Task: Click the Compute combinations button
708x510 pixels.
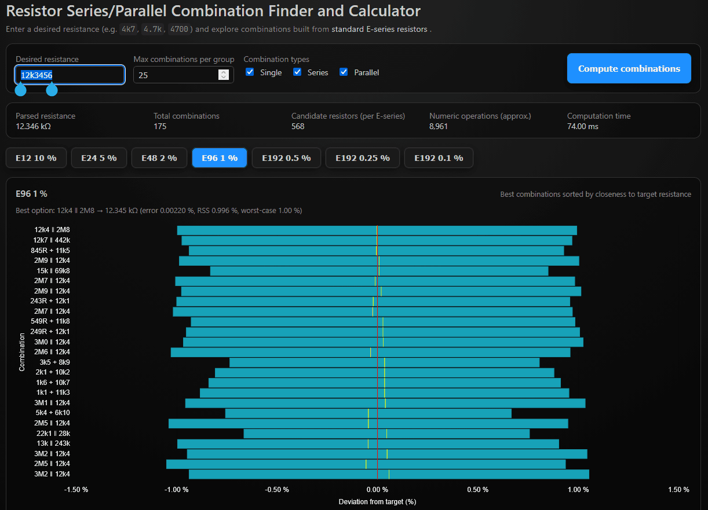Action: pos(629,68)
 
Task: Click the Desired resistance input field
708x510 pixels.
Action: pos(70,75)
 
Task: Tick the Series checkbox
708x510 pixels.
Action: pos(297,72)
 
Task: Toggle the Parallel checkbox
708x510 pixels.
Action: pos(344,72)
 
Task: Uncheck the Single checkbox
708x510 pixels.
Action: pos(250,72)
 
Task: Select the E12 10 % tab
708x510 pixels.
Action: pos(36,158)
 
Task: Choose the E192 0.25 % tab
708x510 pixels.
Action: pos(362,158)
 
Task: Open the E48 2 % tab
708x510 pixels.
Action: pos(159,158)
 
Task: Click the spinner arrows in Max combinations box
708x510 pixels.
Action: pos(223,75)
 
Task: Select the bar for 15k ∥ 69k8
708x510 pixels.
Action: pos(379,271)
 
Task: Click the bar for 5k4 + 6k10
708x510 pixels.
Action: pos(368,413)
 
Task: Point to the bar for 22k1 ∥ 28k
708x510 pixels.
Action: pos(386,434)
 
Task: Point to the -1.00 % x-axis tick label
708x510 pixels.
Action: pos(176,490)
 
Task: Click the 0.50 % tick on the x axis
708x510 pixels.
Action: pos(477,490)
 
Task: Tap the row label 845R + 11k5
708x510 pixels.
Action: pos(50,251)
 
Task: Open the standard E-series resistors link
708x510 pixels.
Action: pos(379,30)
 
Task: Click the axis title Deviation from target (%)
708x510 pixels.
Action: pos(377,501)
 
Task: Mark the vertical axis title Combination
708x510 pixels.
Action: pos(22,351)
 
